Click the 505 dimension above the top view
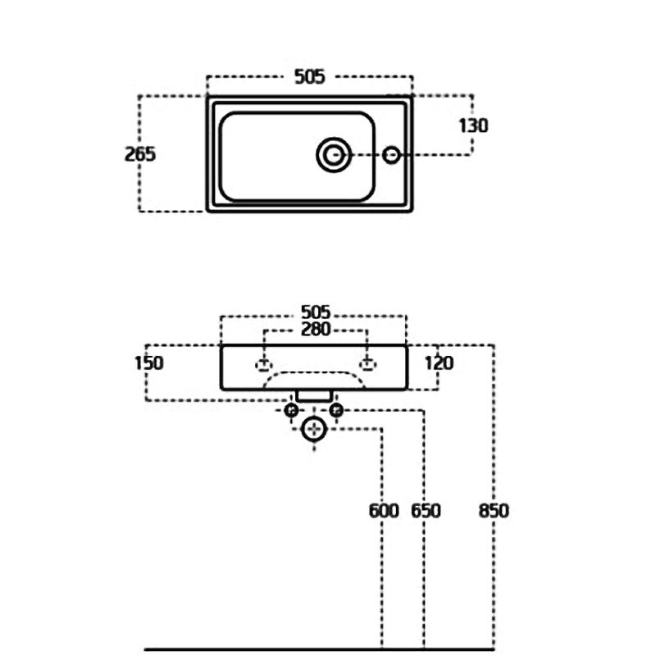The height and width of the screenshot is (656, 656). [x=309, y=76]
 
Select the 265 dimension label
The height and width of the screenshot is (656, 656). [x=140, y=153]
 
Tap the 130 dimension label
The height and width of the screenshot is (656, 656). [x=473, y=125]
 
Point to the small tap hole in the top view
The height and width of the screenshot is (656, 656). [x=392, y=153]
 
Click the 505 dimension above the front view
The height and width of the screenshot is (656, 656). [x=315, y=312]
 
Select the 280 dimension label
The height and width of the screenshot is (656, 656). [x=315, y=330]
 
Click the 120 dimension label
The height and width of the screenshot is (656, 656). [x=439, y=362]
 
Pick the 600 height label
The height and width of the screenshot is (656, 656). [x=383, y=511]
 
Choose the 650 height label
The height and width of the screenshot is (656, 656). [x=425, y=511]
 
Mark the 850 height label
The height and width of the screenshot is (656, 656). [x=493, y=511]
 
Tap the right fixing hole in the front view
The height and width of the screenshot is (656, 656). [x=367, y=363]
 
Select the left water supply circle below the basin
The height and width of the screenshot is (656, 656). [x=290, y=410]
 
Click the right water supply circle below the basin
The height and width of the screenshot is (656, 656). [x=335, y=410]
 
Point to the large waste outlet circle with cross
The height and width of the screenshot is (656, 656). [x=313, y=428]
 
